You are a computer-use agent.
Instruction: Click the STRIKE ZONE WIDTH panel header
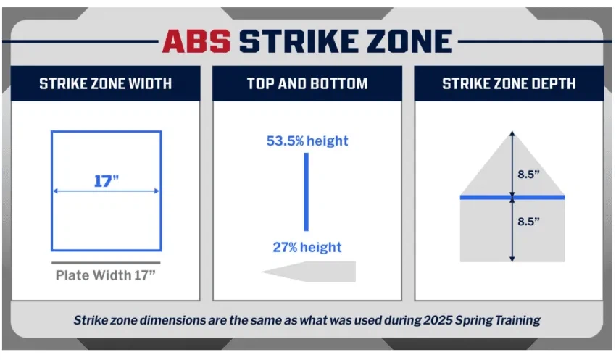[105, 83]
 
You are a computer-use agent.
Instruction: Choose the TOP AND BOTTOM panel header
[307, 83]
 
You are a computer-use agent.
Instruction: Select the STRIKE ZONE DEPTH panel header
[509, 83]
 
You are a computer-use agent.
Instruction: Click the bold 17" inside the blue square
[106, 181]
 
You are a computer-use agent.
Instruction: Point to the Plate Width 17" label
[106, 275]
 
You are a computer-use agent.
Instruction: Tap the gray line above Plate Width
[106, 262]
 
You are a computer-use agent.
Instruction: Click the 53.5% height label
[307, 141]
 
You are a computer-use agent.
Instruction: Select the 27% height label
[307, 247]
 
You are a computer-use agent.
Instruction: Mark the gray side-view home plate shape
[312, 272]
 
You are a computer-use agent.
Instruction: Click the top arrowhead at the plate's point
[512, 135]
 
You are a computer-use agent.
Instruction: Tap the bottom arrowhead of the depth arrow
[512, 258]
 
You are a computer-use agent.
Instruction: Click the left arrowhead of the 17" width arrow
[55, 191]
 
